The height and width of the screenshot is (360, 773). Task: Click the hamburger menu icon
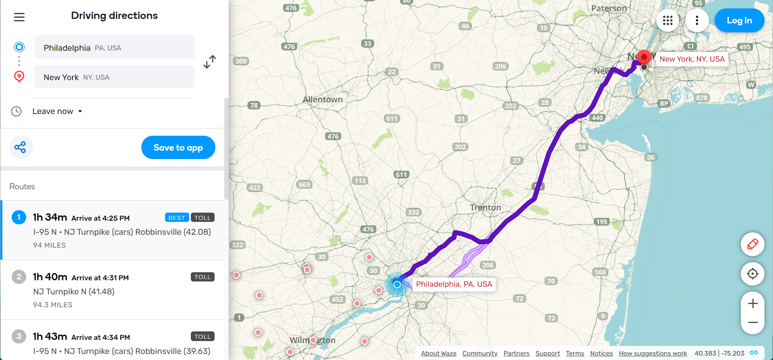(x=19, y=17)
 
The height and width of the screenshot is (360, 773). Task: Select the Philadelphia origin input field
(x=114, y=48)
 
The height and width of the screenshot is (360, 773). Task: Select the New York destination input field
(x=114, y=77)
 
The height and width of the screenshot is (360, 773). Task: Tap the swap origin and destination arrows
(x=210, y=62)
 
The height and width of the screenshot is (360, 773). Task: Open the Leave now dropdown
(x=57, y=112)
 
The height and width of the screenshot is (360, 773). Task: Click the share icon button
(x=21, y=147)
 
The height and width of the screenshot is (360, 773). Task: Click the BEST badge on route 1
(x=177, y=217)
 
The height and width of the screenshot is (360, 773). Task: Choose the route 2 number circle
(x=19, y=277)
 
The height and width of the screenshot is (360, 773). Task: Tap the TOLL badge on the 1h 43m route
(x=203, y=336)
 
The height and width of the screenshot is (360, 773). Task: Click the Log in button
(x=739, y=21)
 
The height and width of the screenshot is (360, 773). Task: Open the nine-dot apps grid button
(x=668, y=21)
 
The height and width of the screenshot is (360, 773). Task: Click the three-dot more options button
(x=697, y=21)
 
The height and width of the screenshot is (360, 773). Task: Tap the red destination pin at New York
(x=644, y=57)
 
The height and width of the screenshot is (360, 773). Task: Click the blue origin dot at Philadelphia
(x=397, y=285)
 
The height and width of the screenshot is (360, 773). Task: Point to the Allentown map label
(x=322, y=99)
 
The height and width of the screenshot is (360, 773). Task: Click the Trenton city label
(x=486, y=208)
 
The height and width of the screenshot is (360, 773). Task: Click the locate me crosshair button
(x=752, y=274)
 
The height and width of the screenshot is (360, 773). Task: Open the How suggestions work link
(x=653, y=353)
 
